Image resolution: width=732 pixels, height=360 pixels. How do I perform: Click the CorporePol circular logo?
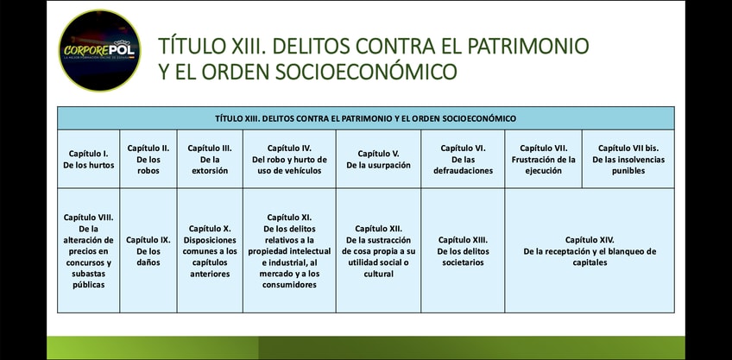coord(99,50)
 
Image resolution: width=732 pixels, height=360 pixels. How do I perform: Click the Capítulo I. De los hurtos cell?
coord(89,159)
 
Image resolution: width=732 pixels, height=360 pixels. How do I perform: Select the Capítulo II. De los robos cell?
coord(148,159)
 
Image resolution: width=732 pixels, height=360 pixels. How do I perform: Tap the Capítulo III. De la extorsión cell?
coord(210,159)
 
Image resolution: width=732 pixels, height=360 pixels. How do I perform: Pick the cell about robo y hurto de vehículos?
coord(289,159)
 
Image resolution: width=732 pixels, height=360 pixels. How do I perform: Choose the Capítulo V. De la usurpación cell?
coord(379,159)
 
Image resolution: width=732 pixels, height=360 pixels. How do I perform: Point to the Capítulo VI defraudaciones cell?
coord(463,159)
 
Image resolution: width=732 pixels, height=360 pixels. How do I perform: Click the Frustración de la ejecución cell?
coord(544,159)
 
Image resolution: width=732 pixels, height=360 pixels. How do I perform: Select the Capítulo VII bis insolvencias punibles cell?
coord(628,159)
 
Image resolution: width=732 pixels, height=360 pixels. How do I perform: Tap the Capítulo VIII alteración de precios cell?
coord(89,250)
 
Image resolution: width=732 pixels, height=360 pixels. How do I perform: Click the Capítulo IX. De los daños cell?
coord(148,250)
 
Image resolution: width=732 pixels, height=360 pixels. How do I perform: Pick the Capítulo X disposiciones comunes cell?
coord(210,250)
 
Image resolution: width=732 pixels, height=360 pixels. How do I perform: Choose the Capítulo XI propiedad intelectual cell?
coord(289,250)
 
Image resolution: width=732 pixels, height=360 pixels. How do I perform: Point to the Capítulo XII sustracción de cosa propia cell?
coord(379,250)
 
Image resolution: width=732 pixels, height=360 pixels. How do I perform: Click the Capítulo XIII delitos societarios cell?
coord(463,250)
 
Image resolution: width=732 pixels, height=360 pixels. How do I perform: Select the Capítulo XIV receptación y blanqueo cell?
coord(590,250)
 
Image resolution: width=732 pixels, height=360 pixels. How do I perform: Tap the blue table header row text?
coord(365,118)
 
